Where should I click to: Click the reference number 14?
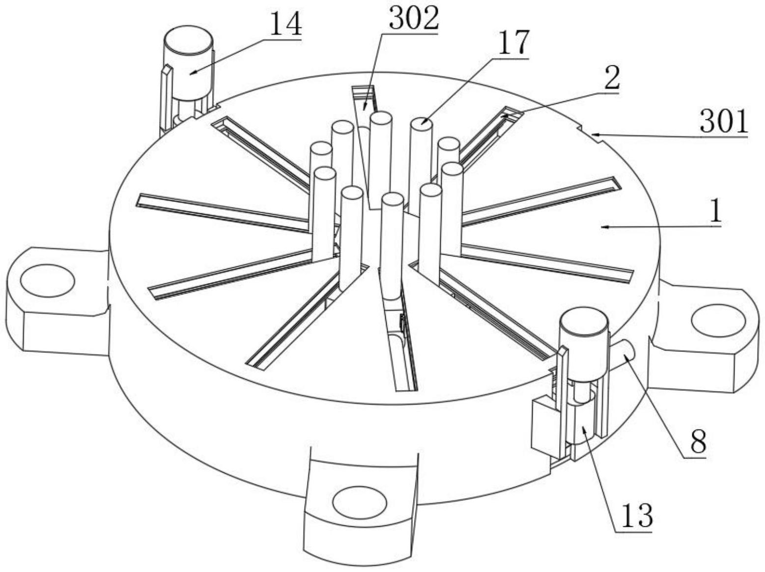286,24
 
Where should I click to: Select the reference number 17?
513,43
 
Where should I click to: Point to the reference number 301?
724,121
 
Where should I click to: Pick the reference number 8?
699,441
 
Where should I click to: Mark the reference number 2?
612,77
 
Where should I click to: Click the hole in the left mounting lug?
47,280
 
